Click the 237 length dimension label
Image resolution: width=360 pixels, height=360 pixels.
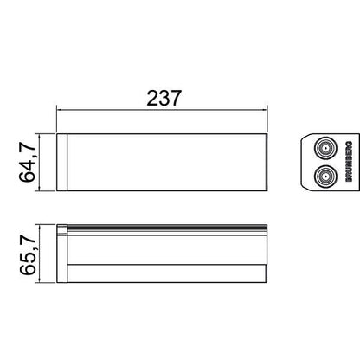[164, 99]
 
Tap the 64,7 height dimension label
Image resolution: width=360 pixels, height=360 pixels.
[28, 162]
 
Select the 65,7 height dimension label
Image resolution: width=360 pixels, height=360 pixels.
[28, 254]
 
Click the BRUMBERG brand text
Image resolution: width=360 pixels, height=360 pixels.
[349, 162]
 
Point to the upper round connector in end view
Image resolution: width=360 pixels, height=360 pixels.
[325, 148]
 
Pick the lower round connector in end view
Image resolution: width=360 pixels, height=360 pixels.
[325, 176]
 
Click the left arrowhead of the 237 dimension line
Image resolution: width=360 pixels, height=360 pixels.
[60, 110]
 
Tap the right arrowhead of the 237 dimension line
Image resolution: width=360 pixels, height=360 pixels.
[264, 110]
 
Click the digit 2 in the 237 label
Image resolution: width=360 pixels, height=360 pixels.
[152, 99]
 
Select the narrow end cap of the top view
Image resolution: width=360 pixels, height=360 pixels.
[61, 162]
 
